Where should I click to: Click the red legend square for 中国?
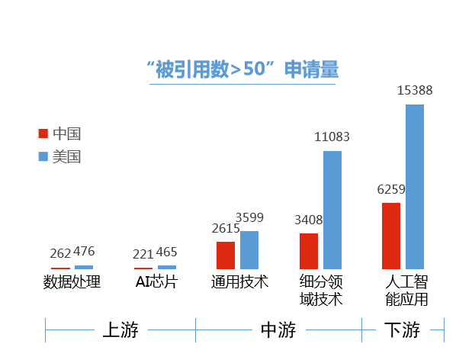pos(43,134)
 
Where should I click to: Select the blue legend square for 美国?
pos(43,156)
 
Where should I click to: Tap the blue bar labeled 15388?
pos(414,186)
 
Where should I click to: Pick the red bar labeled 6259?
pos(391,236)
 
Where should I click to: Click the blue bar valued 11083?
pos(332,210)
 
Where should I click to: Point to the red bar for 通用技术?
pos(226,255)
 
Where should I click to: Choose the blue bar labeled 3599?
pos(249,249)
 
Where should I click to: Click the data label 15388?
pos(415,91)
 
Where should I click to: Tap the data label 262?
pos(60,254)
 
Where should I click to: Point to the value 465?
pos(167,252)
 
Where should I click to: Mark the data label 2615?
pos(225,228)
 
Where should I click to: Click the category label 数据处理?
pos(72,282)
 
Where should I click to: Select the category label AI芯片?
pos(156,282)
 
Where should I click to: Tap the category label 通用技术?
pos(239,282)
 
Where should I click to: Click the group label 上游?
pos(120,330)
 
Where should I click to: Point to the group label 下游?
pos(401,330)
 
